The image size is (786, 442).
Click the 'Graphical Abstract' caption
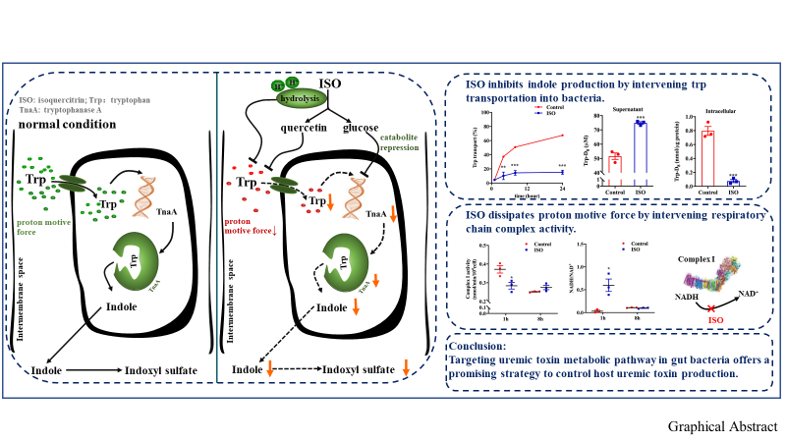[723, 427]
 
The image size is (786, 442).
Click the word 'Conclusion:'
[477, 346]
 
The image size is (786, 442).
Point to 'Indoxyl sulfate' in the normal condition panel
[162, 371]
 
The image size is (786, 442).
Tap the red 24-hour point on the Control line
[562, 136]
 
